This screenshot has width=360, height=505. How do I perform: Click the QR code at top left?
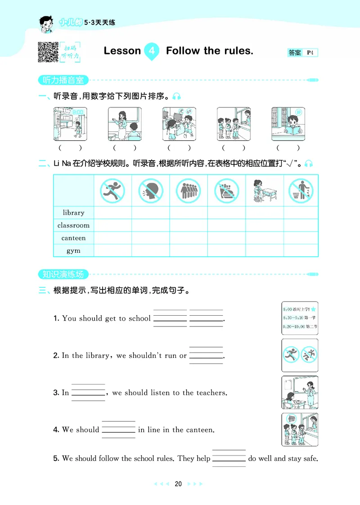48,52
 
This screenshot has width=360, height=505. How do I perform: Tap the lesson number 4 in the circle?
152,51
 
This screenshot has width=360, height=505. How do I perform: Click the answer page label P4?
310,53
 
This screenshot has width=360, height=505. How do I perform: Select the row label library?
73,213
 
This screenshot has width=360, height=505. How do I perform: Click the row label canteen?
73,238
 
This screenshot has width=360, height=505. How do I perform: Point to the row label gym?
73,250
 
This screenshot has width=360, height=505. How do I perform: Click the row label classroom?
73,225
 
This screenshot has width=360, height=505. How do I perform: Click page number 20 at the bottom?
178,484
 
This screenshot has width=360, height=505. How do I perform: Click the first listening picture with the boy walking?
70,124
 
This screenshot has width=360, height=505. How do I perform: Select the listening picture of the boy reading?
288,124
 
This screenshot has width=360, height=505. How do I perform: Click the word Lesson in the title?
122,51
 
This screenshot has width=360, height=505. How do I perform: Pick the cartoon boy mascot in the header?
45,23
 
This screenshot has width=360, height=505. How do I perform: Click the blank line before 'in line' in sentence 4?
118,430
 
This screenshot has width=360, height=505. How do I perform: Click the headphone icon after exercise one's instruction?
177,96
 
